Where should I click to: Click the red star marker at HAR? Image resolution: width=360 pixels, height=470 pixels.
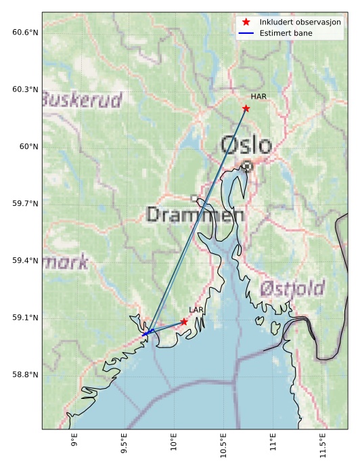pyautogui.click(x=246, y=108)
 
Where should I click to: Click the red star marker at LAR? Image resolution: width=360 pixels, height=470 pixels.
pyautogui.click(x=184, y=322)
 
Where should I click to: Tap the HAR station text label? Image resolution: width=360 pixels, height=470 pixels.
pyautogui.click(x=258, y=97)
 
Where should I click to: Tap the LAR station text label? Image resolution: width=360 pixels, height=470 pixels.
pyautogui.click(x=196, y=310)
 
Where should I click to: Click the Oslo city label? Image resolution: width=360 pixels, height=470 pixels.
pyautogui.click(x=247, y=145)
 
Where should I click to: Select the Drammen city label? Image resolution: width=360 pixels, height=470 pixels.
pyautogui.click(x=195, y=215)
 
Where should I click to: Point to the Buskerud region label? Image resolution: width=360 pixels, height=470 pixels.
pyautogui.click(x=82, y=101)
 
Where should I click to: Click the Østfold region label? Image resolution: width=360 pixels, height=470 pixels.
pyautogui.click(x=292, y=289)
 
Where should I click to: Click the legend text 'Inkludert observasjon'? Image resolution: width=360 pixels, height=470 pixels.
pyautogui.click(x=300, y=22)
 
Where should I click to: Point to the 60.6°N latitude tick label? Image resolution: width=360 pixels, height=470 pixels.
pyautogui.click(x=25, y=33)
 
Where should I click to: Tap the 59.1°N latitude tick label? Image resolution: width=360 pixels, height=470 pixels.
pyautogui.click(x=25, y=318)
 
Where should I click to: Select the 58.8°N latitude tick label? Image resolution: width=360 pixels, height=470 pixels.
pyautogui.click(x=25, y=375)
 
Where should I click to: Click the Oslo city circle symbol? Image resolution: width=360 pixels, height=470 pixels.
pyautogui.click(x=248, y=166)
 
